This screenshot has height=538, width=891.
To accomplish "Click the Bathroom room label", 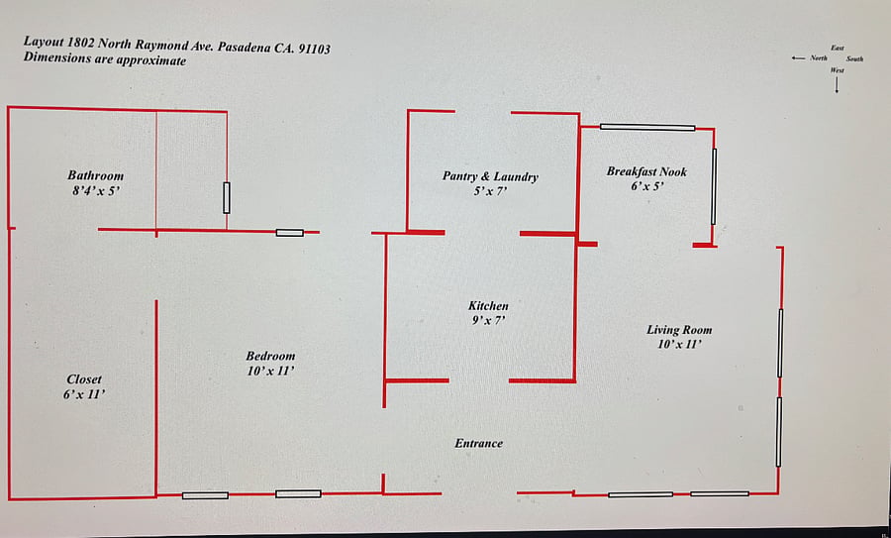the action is pyautogui.click(x=95, y=175).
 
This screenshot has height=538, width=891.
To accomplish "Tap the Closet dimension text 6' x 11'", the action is pyautogui.click(x=84, y=394).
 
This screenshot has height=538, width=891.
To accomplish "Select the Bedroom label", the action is pyautogui.click(x=270, y=356).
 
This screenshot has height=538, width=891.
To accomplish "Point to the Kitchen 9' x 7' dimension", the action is pyautogui.click(x=489, y=321).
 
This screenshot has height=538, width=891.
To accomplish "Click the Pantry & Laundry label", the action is pyautogui.click(x=490, y=176).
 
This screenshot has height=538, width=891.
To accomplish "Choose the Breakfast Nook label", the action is pyautogui.click(x=646, y=171).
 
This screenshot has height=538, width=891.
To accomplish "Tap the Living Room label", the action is pyautogui.click(x=679, y=330).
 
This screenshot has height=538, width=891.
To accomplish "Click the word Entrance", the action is pyautogui.click(x=479, y=443).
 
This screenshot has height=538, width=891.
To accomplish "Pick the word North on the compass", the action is pyautogui.click(x=819, y=58).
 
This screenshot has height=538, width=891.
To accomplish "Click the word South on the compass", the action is pyautogui.click(x=854, y=59).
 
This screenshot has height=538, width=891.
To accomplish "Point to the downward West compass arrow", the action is pyautogui.click(x=837, y=85).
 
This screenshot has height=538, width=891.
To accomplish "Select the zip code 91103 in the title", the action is pyautogui.click(x=314, y=49).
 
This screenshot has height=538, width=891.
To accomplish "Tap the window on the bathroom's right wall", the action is pyautogui.click(x=227, y=198).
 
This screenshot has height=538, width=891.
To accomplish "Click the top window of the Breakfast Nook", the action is pyautogui.click(x=647, y=128).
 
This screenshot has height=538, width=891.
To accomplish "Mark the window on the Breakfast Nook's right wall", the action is pyautogui.click(x=714, y=187).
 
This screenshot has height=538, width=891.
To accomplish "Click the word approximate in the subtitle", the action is pyautogui.click(x=151, y=59).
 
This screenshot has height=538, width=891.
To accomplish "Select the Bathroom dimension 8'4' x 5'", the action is pyautogui.click(x=97, y=190).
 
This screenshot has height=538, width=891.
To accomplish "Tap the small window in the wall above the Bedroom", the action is pyautogui.click(x=290, y=233).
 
